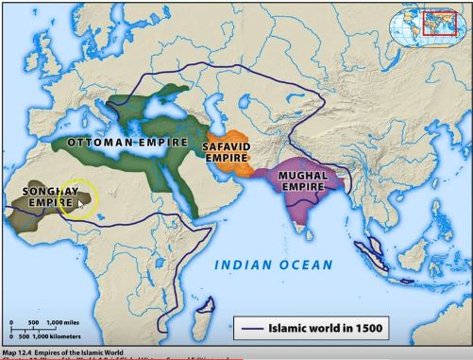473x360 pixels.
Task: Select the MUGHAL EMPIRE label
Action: pos(303,181)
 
